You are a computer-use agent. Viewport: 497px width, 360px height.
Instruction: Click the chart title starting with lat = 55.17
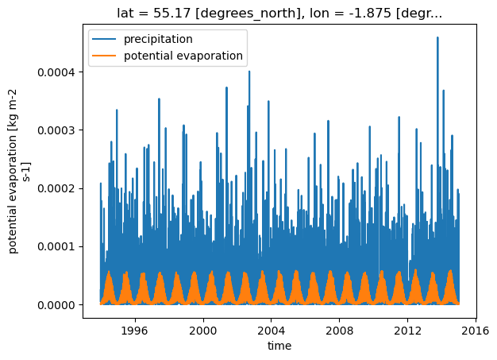pos(279,13)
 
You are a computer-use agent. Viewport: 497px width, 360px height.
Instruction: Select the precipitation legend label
pos(158,39)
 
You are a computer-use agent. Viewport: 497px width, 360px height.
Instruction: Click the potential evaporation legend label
pos(183,56)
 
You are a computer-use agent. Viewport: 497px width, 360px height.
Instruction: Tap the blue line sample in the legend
pos(104,39)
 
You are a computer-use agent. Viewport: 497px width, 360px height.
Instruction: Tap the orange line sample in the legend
pos(104,56)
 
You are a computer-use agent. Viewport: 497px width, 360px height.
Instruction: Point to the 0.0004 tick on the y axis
pos(56,72)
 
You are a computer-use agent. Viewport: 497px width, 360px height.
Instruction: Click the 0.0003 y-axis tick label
pos(56,130)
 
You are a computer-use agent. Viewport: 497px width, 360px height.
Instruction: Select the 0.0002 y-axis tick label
pos(56,188)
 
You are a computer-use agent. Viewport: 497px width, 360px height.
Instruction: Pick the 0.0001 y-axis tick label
pos(56,247)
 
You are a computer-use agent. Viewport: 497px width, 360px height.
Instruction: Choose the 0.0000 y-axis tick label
pos(56,305)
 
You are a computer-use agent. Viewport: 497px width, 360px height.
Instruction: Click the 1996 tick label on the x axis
pos(135,331)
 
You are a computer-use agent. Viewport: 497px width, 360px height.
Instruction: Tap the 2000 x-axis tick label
pos(203,331)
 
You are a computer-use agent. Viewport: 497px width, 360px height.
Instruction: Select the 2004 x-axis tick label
pos(272,331)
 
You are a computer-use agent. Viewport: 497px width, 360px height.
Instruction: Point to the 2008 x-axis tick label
pos(340,331)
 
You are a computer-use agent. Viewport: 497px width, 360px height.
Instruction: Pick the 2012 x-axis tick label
pos(407,331)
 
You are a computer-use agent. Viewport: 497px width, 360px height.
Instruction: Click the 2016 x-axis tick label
pos(476,331)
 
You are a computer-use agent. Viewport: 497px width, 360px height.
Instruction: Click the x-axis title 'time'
pos(279,346)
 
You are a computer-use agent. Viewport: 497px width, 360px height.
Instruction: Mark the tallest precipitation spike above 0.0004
pos(437,37)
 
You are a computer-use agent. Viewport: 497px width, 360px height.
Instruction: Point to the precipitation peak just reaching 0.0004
pos(249,72)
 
